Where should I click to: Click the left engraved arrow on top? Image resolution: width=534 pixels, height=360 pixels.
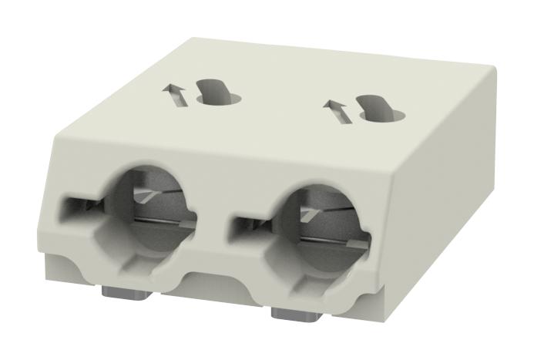point(175,96)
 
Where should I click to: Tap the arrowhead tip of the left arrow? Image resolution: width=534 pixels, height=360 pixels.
point(168,89)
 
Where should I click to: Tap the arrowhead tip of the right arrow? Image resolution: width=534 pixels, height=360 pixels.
point(331,103)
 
